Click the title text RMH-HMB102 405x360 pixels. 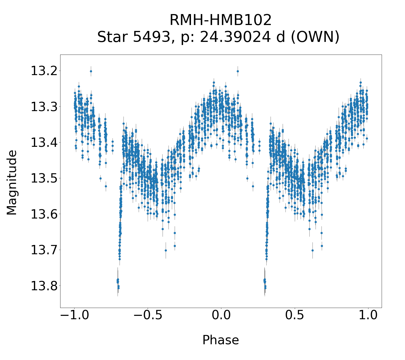pos(220,20)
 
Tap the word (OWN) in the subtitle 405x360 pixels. pos(315,37)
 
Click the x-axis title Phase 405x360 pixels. pos(220,340)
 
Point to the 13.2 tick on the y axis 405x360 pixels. pos(44,71)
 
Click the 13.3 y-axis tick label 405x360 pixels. pos(44,107)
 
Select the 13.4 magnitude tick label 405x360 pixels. pos(44,143)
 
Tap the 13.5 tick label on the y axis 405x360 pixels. pos(44,178)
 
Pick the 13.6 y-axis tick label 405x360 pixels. pos(44,214)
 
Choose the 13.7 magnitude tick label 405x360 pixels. pos(44,250)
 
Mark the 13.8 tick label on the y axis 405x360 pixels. pos(44,285)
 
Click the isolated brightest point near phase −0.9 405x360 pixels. pos(91,71)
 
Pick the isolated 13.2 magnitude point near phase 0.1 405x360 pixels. pos(238,71)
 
